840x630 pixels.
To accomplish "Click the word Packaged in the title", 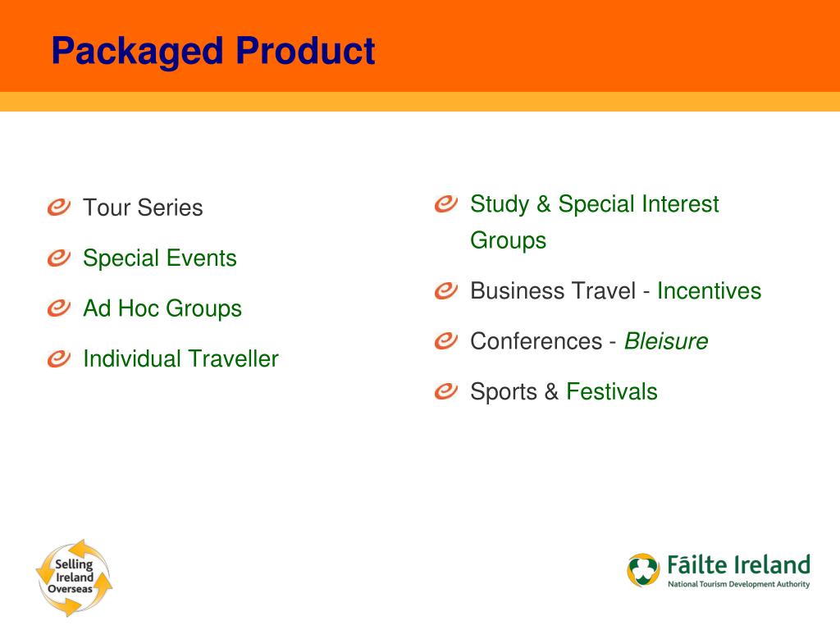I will point(136,52).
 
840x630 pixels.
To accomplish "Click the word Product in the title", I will point(305,52).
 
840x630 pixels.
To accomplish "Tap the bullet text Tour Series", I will point(143,208).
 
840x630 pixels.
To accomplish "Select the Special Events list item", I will point(159,258).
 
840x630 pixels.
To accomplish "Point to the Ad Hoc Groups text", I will point(162,308).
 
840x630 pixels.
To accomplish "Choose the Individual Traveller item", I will point(180,358).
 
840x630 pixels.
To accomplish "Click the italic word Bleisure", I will point(665,341).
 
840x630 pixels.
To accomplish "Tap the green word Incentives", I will point(709,291).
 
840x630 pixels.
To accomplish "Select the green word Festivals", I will point(611,391).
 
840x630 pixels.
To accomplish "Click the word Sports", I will point(503,391).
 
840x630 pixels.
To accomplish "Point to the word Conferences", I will point(536,341).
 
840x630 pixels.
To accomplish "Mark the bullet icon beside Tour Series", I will point(58,208).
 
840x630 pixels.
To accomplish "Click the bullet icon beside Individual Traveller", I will point(58,358).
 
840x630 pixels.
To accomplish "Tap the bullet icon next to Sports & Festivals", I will point(445,391).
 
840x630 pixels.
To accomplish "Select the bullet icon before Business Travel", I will point(445,291).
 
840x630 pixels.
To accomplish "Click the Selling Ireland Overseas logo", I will point(74,577).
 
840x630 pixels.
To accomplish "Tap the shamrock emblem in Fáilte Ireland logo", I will point(644,570).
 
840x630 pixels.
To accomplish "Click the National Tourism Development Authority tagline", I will point(738,585).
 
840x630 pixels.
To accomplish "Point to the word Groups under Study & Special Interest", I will point(508,240).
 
